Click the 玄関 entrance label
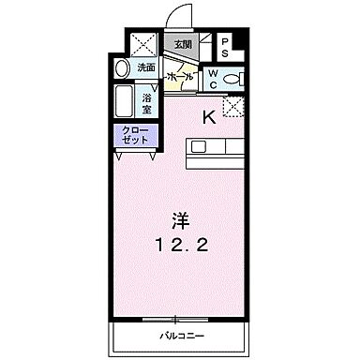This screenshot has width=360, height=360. [179, 45]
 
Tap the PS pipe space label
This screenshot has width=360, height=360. [226, 47]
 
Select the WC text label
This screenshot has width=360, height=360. [213, 78]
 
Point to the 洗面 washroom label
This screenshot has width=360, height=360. [146, 67]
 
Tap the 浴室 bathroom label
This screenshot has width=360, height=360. [148, 100]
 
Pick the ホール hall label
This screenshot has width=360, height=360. [179, 76]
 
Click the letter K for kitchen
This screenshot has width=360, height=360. [209, 116]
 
